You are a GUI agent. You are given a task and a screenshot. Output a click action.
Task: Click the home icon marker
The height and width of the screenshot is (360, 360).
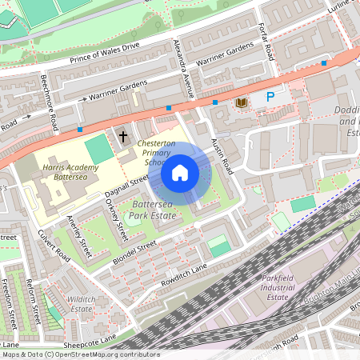point(180,172)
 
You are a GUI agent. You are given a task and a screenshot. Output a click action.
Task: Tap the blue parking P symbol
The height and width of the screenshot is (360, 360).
point(270,98)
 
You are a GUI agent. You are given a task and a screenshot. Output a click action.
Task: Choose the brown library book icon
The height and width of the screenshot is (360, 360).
point(241,102)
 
